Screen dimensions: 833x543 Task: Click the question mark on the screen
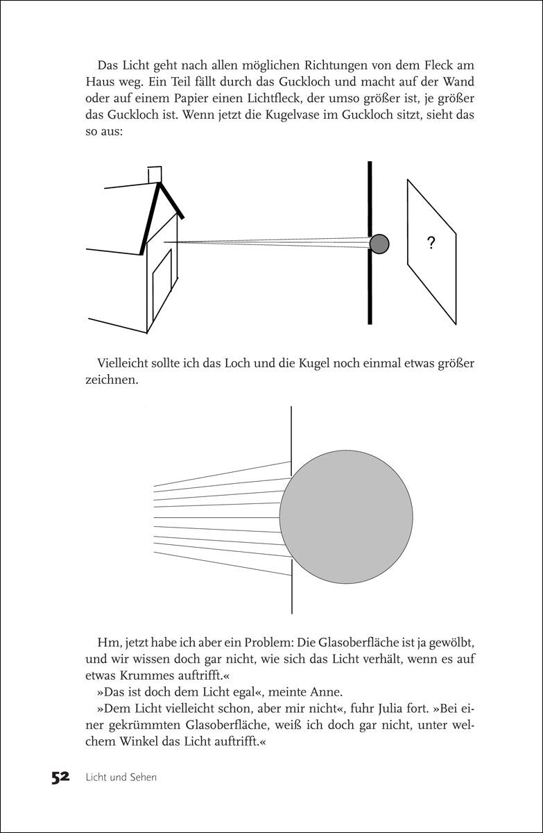click(x=431, y=243)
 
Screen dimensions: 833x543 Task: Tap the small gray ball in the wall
click(x=379, y=244)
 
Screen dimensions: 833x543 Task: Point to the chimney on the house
click(x=156, y=174)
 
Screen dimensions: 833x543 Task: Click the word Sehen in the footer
click(x=141, y=777)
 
